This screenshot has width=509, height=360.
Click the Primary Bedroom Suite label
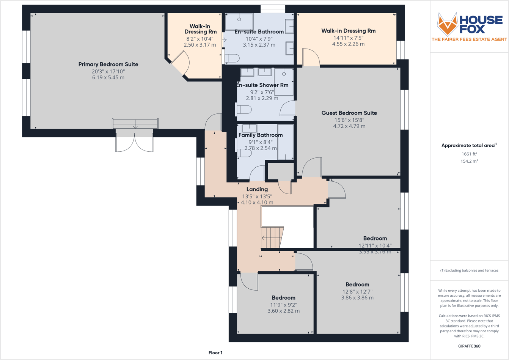(x=108, y=64)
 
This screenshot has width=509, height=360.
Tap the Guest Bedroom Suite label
(x=349, y=113)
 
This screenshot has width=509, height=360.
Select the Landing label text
(x=257, y=189)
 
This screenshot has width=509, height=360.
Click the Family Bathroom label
(x=261, y=135)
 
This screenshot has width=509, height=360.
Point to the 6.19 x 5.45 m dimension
(x=108, y=77)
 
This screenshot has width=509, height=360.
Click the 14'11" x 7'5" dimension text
(x=348, y=38)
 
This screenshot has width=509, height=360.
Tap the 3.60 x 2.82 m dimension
(x=283, y=311)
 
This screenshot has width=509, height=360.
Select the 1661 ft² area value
(x=469, y=154)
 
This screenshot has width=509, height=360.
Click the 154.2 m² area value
(x=469, y=161)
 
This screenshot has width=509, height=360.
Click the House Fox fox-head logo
(x=447, y=24)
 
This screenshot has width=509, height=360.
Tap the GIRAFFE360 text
(x=469, y=346)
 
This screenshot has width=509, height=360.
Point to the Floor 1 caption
(x=215, y=353)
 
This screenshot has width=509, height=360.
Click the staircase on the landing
(x=272, y=238)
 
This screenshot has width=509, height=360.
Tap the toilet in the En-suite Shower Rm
(x=244, y=110)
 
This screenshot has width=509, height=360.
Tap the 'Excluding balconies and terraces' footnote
(x=469, y=270)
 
